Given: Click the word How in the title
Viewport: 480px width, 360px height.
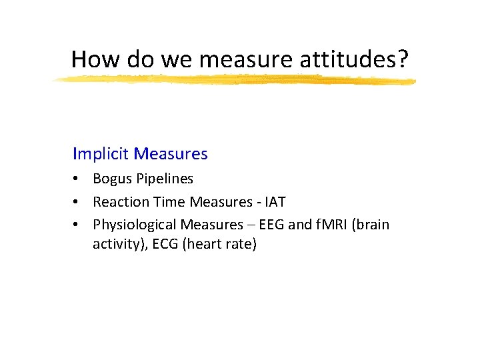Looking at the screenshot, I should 93,59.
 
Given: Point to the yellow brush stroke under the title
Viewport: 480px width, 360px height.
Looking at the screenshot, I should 233,81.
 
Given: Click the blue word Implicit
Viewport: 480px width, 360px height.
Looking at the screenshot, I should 101,154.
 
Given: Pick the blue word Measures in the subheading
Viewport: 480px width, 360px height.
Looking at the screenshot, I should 171,154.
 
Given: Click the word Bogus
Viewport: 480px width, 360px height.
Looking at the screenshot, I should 111,179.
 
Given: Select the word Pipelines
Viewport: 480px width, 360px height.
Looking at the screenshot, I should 163,179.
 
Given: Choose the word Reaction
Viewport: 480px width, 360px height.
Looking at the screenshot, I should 119,201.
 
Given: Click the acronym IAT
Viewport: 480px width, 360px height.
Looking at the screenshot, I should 275,201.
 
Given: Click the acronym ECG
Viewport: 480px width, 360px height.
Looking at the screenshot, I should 167,244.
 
